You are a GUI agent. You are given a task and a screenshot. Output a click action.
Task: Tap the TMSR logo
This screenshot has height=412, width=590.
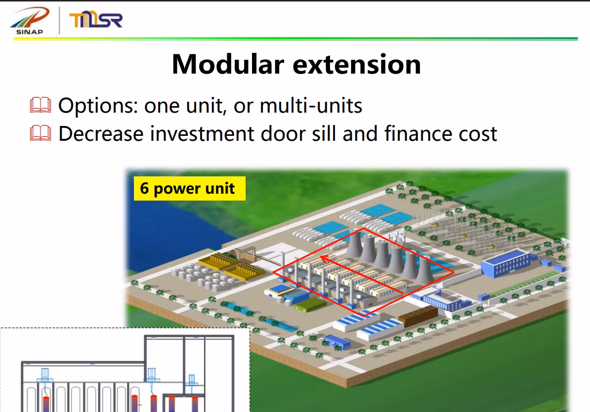coord(96,20)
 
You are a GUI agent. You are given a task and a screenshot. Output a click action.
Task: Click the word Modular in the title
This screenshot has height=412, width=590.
coord(228,64)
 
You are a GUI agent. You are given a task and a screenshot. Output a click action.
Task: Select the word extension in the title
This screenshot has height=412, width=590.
coord(357,65)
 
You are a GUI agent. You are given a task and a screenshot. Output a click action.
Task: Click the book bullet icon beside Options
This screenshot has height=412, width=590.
coord(40,105)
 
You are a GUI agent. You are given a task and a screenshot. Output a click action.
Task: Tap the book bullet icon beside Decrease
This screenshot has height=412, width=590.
coord(40,133)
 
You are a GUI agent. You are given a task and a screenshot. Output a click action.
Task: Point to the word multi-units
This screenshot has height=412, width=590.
coord(311,106)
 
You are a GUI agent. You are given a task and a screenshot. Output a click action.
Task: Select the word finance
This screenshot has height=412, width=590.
coord(418,133)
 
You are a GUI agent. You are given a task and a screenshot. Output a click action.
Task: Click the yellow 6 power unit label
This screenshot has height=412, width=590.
coord(190,189)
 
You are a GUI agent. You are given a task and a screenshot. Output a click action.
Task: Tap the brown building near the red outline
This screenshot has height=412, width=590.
coord(418,316)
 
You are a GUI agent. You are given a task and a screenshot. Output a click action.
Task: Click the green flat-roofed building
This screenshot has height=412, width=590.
coord(311,304)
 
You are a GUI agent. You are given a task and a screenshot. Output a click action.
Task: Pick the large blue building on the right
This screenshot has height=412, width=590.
coord(506,263)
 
